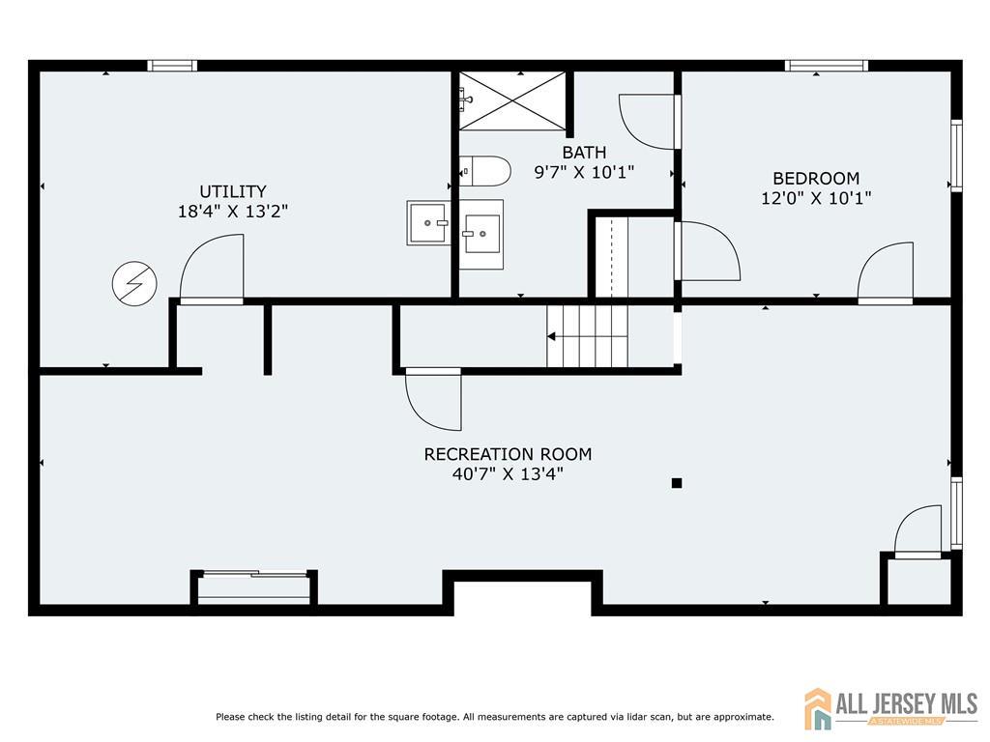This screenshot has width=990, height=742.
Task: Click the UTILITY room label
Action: point(233,191)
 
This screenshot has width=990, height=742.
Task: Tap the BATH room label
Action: point(584,152)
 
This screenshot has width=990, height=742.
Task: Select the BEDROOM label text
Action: point(816,178)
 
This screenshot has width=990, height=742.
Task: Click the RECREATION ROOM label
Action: point(508,454)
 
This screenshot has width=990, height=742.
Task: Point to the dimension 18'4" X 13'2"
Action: point(233,212)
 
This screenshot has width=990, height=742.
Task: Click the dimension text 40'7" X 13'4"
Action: point(508,473)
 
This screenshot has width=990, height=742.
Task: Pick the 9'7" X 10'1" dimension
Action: point(584,172)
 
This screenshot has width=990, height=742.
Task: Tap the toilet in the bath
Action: point(484,171)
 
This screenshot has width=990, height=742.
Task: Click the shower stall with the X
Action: point(512,100)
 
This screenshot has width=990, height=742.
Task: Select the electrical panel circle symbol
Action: point(134,284)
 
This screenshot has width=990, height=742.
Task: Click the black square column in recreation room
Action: point(677,483)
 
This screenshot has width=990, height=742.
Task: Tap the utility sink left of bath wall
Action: point(428,223)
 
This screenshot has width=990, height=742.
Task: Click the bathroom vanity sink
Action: point(481,234)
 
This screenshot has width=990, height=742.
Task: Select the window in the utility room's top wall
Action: point(172,66)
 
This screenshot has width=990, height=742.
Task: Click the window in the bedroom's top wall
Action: point(827,66)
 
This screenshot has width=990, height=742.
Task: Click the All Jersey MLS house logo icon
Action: point(818,708)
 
